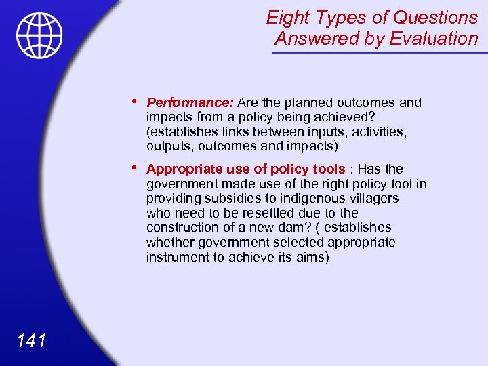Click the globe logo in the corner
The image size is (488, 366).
(x=39, y=35)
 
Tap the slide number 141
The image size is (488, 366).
(x=33, y=340)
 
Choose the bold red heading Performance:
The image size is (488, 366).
(x=190, y=103)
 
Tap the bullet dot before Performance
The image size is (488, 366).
(x=136, y=102)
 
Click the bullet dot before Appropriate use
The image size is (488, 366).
(x=136, y=168)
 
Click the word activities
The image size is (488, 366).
(x=378, y=131)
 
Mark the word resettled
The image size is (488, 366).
(x=268, y=213)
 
